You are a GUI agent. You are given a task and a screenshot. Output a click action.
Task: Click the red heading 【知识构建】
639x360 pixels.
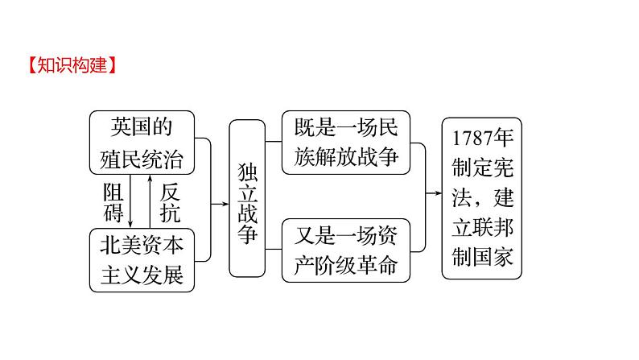[72, 65]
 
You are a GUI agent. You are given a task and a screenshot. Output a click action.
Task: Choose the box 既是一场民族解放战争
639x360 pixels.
[342, 142]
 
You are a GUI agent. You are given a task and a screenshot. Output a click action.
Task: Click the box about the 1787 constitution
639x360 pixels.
[482, 197]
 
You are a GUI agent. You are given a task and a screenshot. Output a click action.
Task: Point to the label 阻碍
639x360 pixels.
[113, 202]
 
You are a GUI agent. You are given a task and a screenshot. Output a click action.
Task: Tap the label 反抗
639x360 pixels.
[170, 202]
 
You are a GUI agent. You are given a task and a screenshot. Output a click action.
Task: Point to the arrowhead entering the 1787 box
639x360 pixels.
[437, 194]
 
